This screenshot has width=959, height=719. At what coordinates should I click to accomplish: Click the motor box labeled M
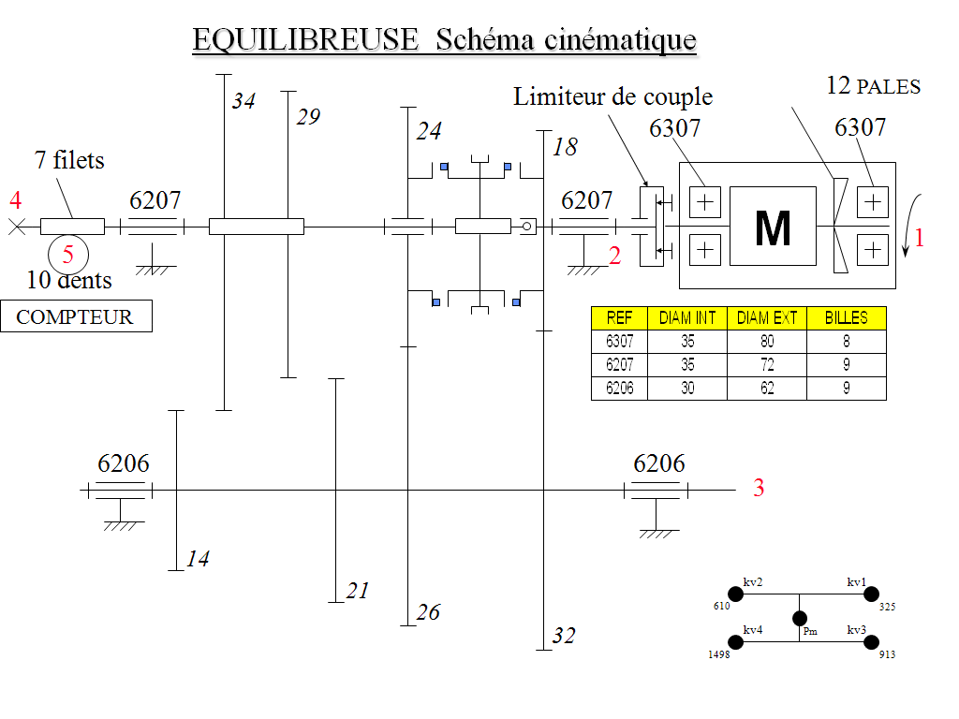[773, 227]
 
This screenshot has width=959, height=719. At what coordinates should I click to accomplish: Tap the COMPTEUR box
[77, 316]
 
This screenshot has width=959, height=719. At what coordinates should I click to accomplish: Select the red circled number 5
[67, 254]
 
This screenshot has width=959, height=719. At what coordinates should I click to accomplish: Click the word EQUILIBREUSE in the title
[305, 39]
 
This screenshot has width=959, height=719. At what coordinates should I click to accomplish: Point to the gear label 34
[243, 100]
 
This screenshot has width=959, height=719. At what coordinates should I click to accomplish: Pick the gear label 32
[563, 636]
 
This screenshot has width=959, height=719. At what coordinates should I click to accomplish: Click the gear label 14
[198, 558]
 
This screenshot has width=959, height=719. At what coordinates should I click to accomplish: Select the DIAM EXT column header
[767, 318]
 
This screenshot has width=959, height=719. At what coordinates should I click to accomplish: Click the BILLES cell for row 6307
[847, 341]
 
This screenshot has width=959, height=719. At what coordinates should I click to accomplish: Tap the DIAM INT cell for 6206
[687, 389]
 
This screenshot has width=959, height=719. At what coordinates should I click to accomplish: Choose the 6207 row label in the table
[620, 365]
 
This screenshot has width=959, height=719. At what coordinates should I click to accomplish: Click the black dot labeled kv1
[871, 594]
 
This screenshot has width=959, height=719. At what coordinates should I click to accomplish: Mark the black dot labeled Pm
[800, 618]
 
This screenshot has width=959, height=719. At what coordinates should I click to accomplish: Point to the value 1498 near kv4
[719, 654]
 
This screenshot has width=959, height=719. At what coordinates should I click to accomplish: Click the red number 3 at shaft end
[759, 487]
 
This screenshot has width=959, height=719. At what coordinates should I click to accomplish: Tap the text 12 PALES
[874, 86]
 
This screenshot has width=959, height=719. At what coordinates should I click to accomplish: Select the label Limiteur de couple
[612, 96]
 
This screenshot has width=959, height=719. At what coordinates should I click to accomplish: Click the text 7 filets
[69, 160]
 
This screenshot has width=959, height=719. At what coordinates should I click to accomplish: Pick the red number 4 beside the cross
[16, 200]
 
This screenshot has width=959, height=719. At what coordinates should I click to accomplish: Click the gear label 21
[358, 590]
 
